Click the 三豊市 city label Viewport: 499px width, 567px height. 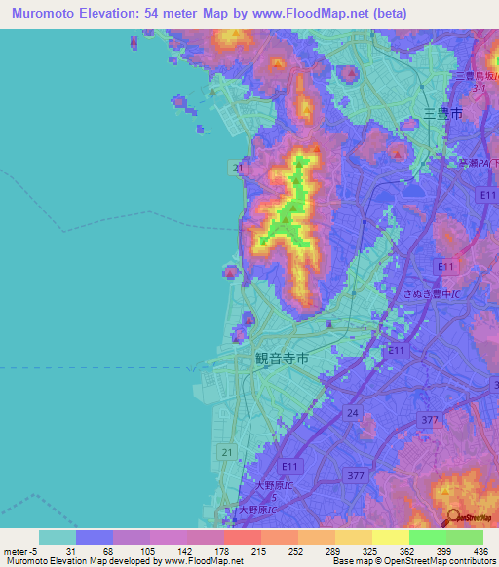click(x=441, y=114)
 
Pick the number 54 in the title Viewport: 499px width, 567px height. click(x=172, y=13)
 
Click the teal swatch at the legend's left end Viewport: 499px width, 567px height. click(x=58, y=537)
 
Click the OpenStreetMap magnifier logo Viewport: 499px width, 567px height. click(x=454, y=518)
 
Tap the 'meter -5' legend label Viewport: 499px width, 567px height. click(x=22, y=551)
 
